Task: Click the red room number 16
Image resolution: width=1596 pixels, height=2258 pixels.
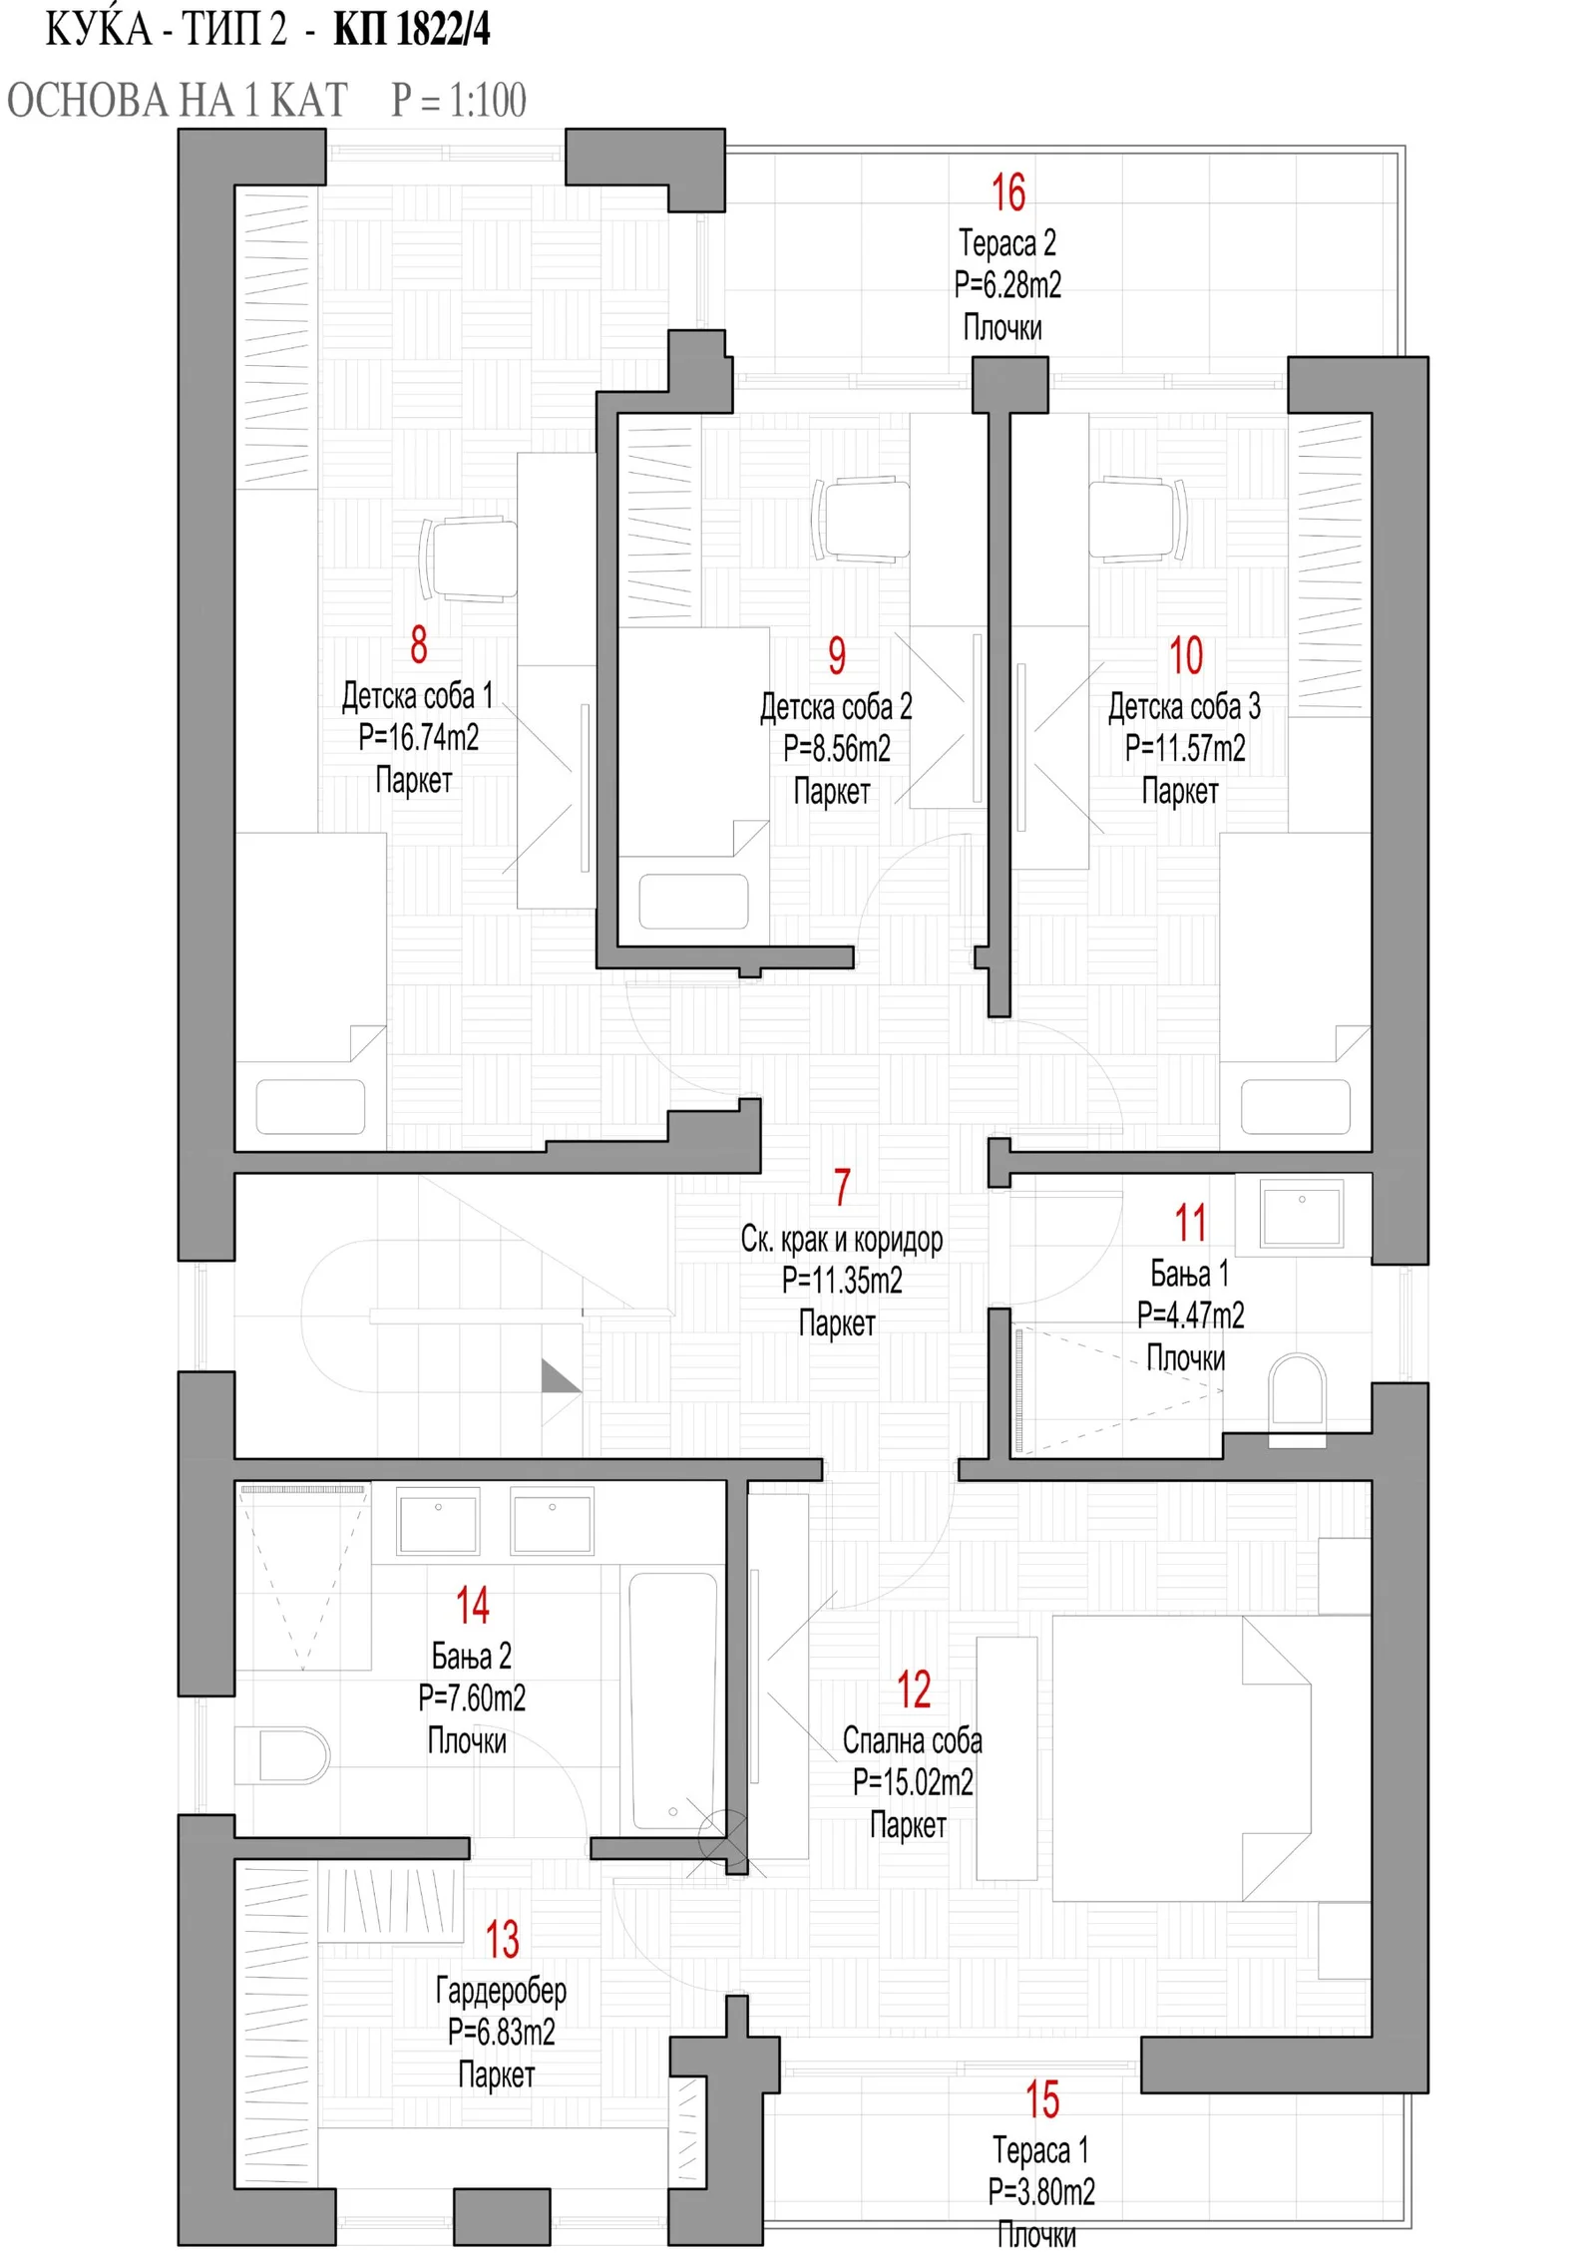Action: click(x=1007, y=192)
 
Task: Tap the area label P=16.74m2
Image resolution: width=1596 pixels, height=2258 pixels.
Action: click(x=418, y=737)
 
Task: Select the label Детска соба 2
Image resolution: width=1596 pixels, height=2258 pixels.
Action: click(x=836, y=706)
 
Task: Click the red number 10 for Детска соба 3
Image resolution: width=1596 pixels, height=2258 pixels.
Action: click(x=1185, y=655)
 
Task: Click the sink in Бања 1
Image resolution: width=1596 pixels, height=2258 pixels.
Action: click(x=1301, y=1212)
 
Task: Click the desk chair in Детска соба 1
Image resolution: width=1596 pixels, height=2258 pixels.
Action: click(x=469, y=559)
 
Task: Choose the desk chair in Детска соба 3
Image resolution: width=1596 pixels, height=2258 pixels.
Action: click(x=1137, y=520)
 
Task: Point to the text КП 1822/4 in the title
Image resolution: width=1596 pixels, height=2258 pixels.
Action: click(x=412, y=29)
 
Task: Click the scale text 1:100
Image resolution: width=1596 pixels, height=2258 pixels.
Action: click(x=487, y=100)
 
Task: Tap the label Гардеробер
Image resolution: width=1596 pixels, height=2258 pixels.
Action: click(x=501, y=1990)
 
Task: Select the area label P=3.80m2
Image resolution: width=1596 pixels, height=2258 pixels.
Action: click(x=1041, y=2191)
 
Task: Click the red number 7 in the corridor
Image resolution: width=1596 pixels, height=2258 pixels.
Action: click(x=843, y=1187)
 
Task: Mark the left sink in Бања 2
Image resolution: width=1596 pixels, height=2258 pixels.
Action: click(x=438, y=1521)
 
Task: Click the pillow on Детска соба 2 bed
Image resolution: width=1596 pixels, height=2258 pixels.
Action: click(x=693, y=902)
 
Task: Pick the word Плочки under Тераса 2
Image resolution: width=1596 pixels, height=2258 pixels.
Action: click(x=1002, y=327)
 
